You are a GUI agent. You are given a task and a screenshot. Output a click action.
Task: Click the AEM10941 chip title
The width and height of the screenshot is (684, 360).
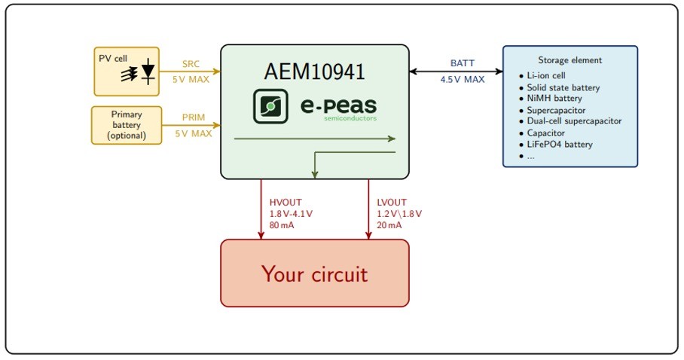click(314, 72)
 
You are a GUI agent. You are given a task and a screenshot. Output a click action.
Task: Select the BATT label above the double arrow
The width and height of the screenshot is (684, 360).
click(462, 63)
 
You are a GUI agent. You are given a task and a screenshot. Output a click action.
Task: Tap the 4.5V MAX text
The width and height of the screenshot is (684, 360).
click(462, 78)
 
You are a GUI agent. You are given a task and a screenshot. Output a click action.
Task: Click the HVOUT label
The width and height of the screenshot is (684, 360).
click(285, 202)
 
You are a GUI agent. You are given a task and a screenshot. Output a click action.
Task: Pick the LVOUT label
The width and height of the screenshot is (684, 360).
click(392, 202)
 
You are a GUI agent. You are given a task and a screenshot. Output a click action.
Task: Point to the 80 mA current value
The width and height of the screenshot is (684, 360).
click(282, 225)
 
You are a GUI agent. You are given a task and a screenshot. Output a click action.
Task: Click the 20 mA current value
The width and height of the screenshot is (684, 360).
click(389, 225)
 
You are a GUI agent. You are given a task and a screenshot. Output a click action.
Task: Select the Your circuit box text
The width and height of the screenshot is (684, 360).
click(314, 273)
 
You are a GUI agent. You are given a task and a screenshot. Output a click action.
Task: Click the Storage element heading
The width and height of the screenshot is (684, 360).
click(569, 60)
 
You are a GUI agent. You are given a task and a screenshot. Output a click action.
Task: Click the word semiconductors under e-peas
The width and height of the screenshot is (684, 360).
click(350, 118)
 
